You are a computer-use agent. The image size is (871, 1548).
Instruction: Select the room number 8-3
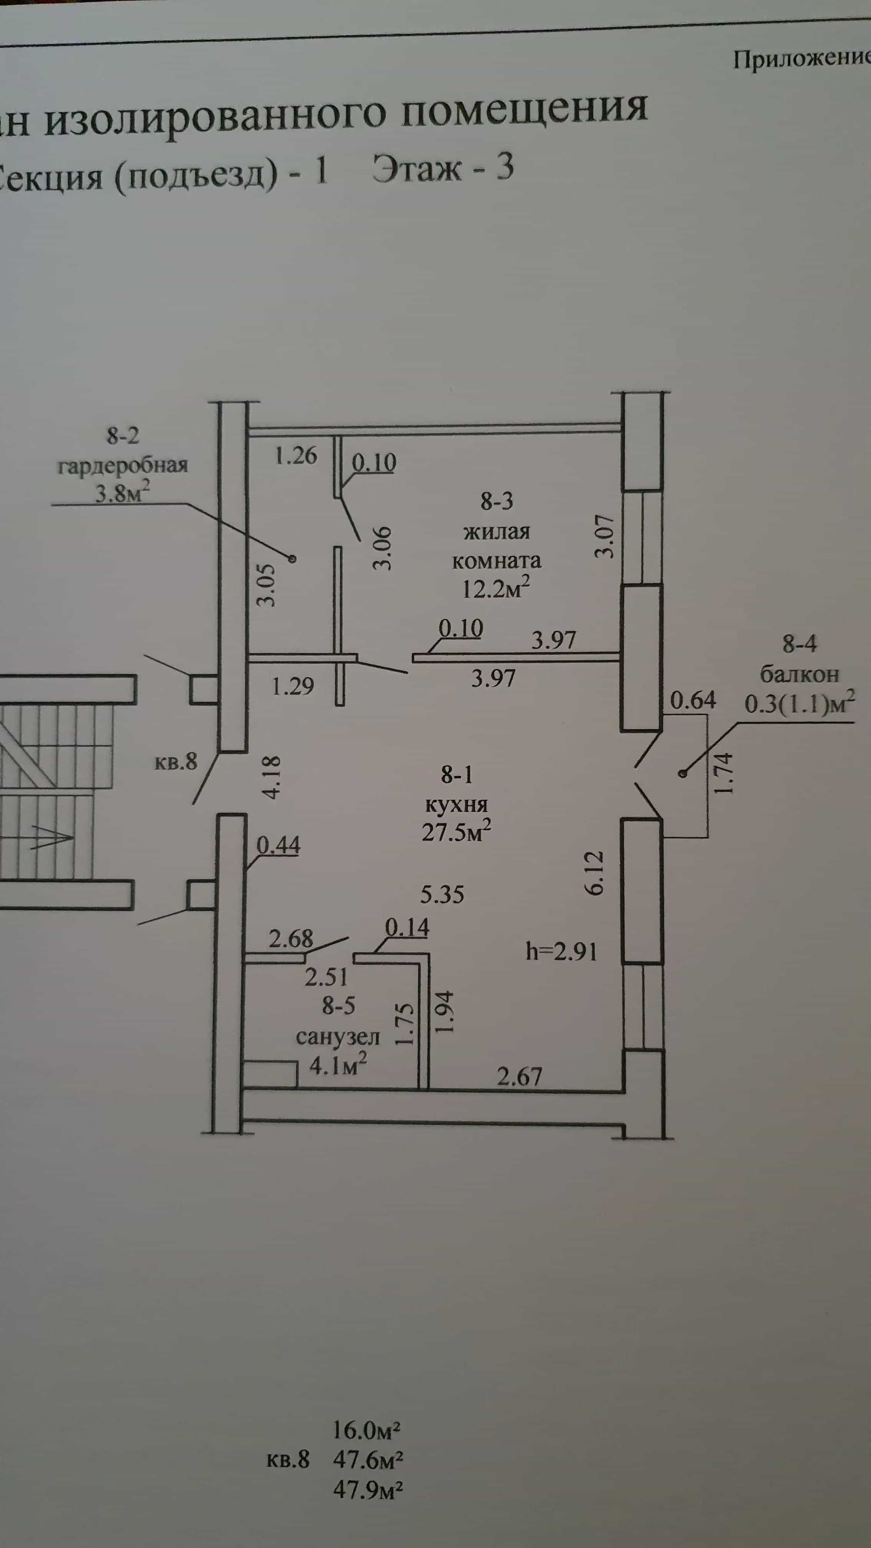(497, 501)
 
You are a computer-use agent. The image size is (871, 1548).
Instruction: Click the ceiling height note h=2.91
(561, 951)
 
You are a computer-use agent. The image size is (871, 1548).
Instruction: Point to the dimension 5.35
(442, 894)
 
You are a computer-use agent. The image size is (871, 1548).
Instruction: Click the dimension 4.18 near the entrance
(272, 777)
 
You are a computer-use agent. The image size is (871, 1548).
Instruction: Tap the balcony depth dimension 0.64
(693, 700)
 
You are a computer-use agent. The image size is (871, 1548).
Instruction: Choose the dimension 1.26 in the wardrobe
(295, 455)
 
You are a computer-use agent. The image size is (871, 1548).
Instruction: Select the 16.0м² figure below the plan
(367, 1430)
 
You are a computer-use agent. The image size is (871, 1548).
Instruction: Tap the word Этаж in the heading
(417, 169)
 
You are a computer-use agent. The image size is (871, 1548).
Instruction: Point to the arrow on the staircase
(51, 835)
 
